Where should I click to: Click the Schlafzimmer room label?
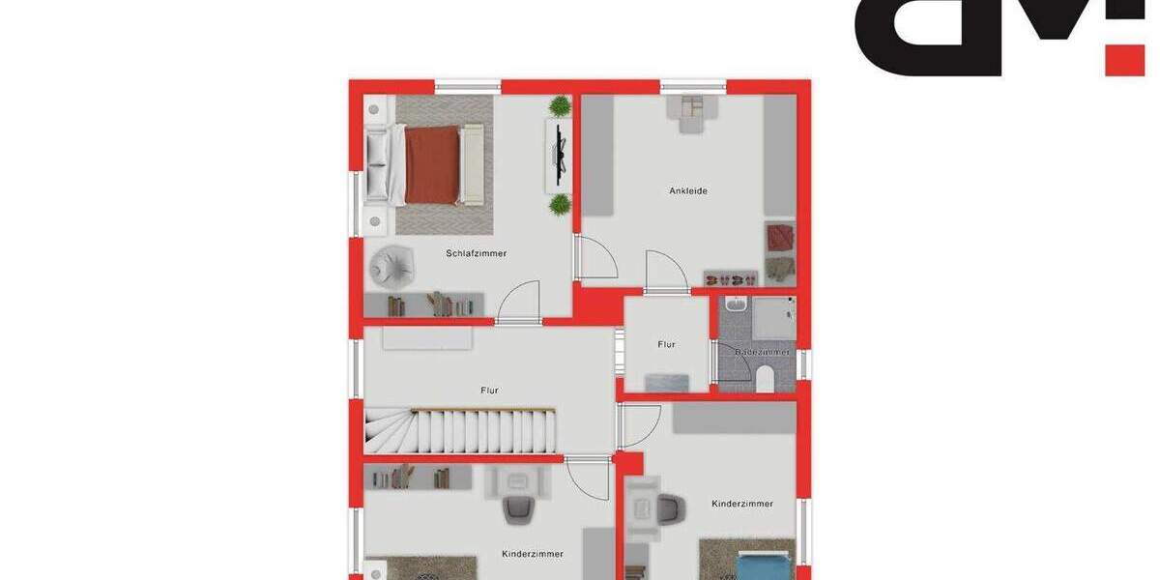(x=476, y=253)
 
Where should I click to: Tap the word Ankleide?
(x=688, y=190)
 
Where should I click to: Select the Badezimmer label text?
(x=762, y=352)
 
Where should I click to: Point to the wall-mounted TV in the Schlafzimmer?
(x=560, y=155)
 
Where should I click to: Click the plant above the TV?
(x=560, y=105)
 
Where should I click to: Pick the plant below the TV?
(x=560, y=204)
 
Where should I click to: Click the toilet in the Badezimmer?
(x=766, y=378)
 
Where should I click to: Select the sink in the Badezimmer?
(x=737, y=305)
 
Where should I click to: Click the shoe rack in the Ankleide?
(x=731, y=278)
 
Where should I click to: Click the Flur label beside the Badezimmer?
(x=666, y=344)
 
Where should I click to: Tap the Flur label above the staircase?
(x=489, y=391)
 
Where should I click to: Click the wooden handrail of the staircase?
(x=483, y=410)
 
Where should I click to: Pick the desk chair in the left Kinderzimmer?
(x=517, y=509)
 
